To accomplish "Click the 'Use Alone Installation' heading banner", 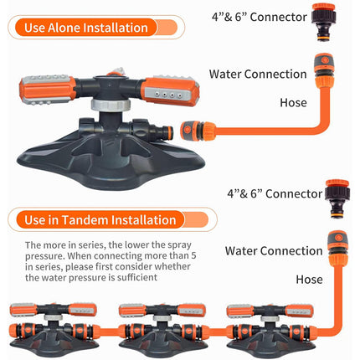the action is (x=96, y=28).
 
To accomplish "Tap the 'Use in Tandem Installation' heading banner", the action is (x=112, y=219).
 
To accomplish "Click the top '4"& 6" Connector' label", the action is (x=260, y=17).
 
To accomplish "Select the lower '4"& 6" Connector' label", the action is (x=275, y=193).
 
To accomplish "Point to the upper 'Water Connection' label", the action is (x=258, y=74).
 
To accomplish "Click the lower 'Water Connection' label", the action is (x=274, y=250).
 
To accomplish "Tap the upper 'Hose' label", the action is (x=293, y=103).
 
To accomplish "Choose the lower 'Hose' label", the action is (x=309, y=280).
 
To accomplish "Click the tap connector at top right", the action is (x=324, y=22).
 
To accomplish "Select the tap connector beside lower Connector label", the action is (x=337, y=198).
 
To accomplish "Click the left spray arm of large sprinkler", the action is (x=47, y=89).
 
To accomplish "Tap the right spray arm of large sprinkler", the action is (x=169, y=90).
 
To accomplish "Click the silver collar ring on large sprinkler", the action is (x=111, y=105).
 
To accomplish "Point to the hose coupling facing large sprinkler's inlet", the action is (x=198, y=131).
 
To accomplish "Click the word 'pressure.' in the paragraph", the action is (x=44, y=256).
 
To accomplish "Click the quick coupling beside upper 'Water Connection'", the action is (x=324, y=69).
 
